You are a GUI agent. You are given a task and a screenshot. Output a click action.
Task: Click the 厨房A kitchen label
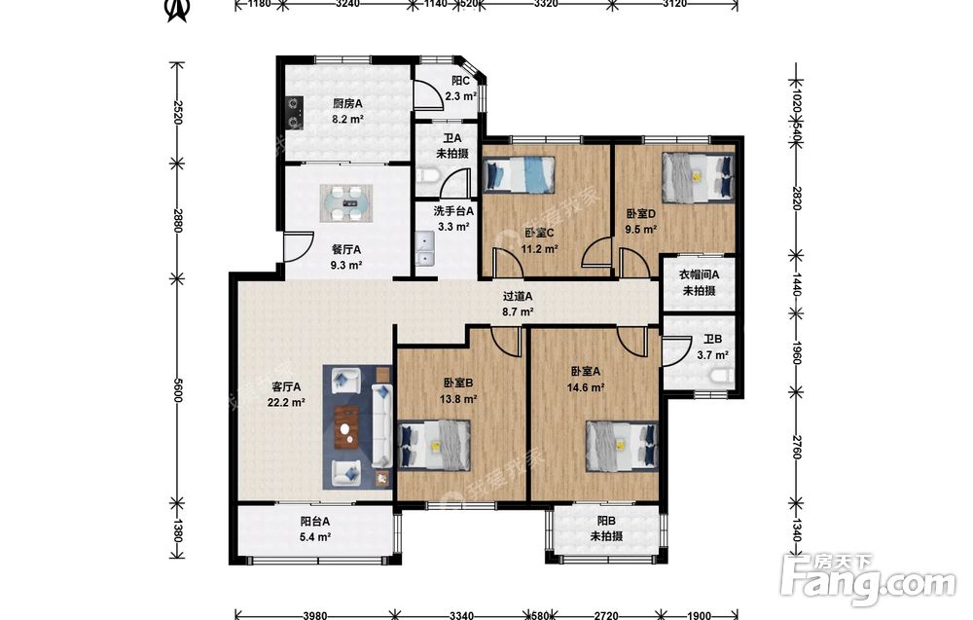347,103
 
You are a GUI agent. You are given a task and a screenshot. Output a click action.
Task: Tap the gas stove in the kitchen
294,108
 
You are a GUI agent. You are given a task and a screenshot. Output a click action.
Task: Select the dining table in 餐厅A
346,203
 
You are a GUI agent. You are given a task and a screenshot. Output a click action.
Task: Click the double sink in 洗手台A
424,248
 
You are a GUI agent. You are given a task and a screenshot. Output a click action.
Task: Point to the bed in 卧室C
519,174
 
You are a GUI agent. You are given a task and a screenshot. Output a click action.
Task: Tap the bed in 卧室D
698,177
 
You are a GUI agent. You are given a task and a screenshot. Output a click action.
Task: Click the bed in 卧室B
434,446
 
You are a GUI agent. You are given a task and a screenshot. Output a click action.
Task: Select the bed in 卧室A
623,446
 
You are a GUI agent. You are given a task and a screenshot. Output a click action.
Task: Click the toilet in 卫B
723,376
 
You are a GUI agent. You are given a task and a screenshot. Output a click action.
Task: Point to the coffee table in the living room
347,426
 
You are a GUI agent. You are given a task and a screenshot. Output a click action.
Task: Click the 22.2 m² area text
286,402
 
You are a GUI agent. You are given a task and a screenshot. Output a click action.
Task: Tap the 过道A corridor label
518,297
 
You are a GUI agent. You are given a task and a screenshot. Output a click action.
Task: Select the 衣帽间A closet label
700,274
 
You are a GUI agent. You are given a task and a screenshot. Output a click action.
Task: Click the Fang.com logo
868,581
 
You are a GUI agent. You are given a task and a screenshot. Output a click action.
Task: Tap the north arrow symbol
177,10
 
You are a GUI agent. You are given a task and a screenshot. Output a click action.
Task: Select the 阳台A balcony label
315,522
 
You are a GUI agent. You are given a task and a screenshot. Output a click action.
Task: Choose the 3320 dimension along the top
546,4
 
